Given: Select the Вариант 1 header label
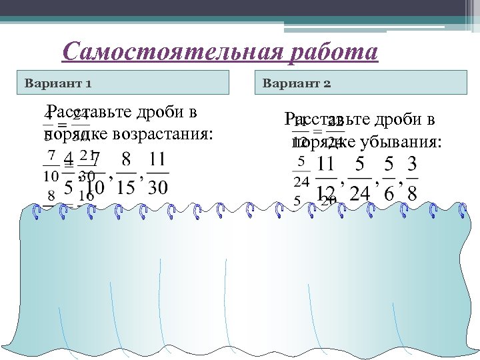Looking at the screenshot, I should click(58, 84).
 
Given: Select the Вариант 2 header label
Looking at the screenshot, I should click(297, 84).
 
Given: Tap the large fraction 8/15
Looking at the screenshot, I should click(125, 174).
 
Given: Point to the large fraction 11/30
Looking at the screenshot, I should click(157, 174).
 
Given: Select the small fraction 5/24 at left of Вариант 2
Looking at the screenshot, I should click(301, 171).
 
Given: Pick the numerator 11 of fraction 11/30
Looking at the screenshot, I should click(157, 161).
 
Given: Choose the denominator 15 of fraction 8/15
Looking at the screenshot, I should click(125, 187).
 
